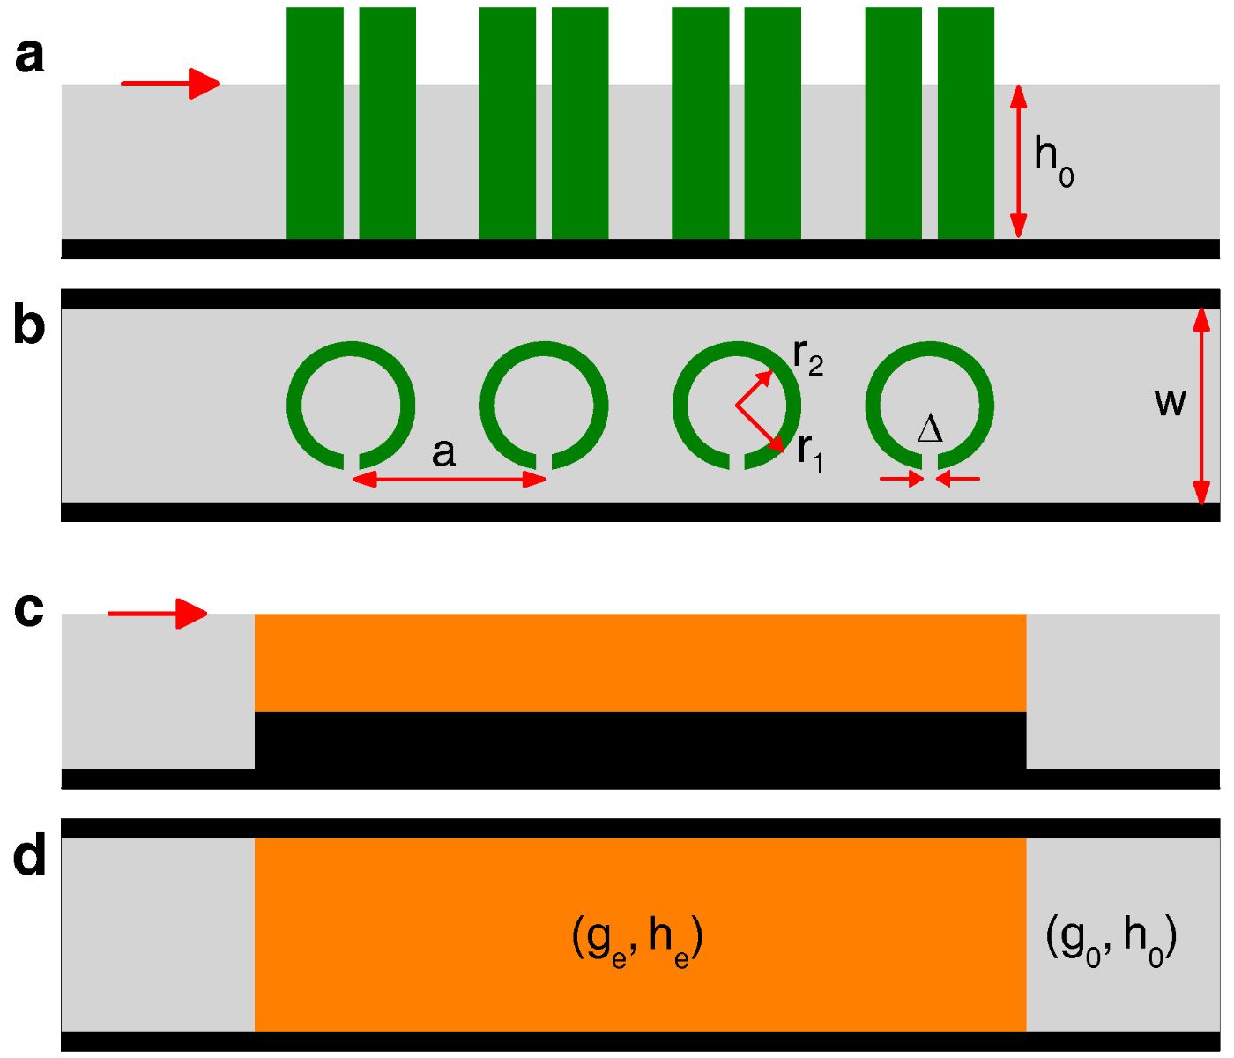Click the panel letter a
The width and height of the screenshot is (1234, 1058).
(30, 56)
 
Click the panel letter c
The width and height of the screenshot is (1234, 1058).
(30, 609)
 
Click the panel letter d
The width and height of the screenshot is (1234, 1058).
(30, 855)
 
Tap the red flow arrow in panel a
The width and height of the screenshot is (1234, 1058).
(170, 84)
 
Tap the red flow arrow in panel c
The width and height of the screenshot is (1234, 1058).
(157, 614)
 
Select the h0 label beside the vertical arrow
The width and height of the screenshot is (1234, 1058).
(1053, 160)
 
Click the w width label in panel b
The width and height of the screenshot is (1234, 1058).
(1170, 403)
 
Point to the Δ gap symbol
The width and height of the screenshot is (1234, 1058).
(930, 430)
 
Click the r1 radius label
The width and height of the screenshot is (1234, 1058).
(810, 451)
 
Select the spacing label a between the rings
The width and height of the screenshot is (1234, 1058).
(443, 453)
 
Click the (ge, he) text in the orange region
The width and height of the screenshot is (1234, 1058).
(636, 942)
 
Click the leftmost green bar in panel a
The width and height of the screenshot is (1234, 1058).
(315, 123)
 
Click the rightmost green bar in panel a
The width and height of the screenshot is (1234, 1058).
(966, 123)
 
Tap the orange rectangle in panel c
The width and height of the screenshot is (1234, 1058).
(640, 662)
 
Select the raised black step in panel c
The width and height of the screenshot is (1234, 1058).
(640, 740)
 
